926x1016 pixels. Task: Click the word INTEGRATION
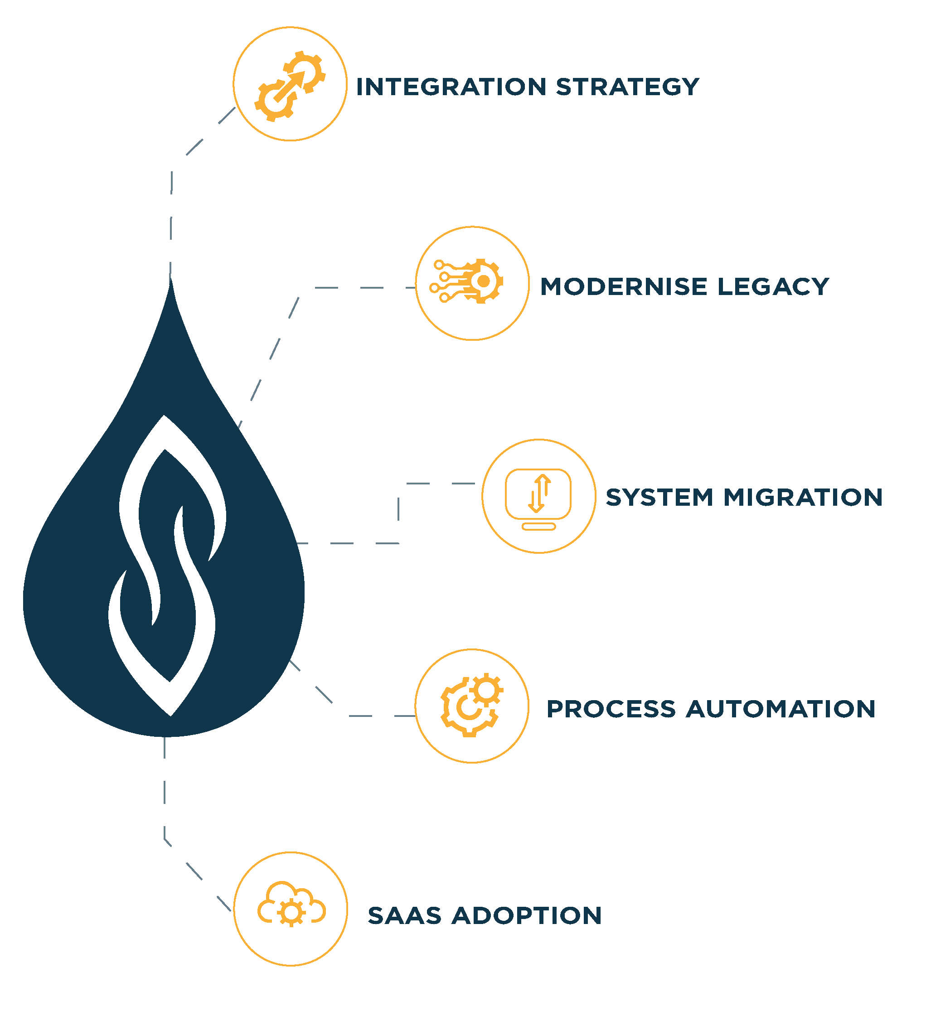point(451,87)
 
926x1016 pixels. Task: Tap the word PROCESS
point(611,709)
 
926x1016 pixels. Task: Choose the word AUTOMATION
point(781,709)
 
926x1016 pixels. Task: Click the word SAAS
point(404,916)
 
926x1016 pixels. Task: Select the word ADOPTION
point(526,916)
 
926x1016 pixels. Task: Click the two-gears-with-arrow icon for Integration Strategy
point(290,86)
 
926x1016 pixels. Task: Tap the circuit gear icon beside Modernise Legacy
point(466,281)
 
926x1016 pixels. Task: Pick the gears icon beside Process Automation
point(471,705)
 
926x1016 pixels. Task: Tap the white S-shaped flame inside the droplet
point(166,565)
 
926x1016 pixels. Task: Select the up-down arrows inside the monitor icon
point(538,493)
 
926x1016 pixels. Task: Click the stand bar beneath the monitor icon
point(538,527)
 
